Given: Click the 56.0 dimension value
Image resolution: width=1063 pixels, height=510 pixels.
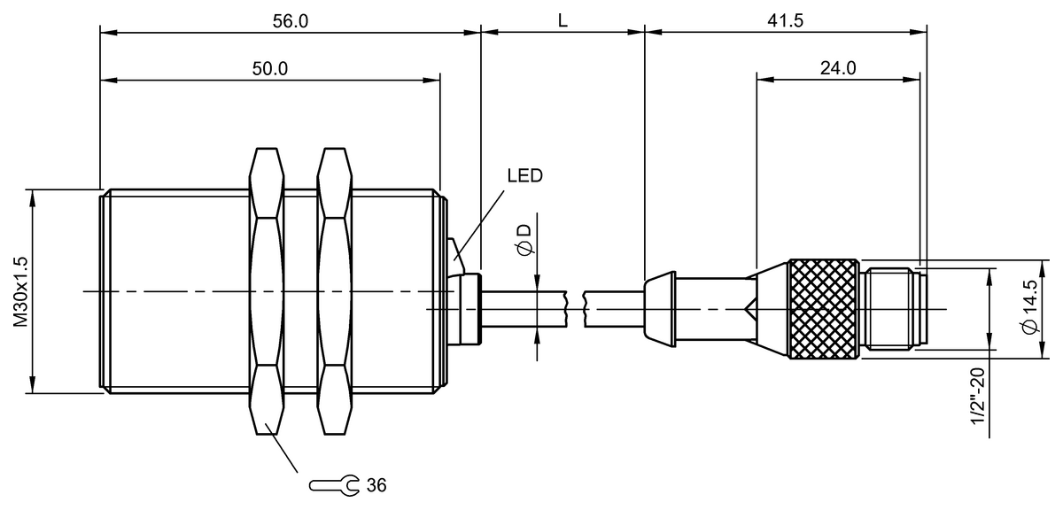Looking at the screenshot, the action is tap(290, 21).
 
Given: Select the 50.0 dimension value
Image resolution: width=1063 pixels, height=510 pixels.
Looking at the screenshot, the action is tap(269, 69).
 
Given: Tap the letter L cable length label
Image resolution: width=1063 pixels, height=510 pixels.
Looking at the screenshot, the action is tap(563, 21).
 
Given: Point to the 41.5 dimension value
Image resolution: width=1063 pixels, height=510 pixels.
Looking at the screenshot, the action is tap(786, 21).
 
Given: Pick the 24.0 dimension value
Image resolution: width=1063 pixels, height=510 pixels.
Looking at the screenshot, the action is tap(838, 68).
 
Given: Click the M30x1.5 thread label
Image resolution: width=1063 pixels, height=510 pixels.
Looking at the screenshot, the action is tap(21, 292).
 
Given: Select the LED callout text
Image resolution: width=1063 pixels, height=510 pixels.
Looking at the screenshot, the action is tap(524, 176).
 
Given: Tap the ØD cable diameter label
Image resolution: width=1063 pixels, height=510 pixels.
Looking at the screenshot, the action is tap(525, 240).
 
